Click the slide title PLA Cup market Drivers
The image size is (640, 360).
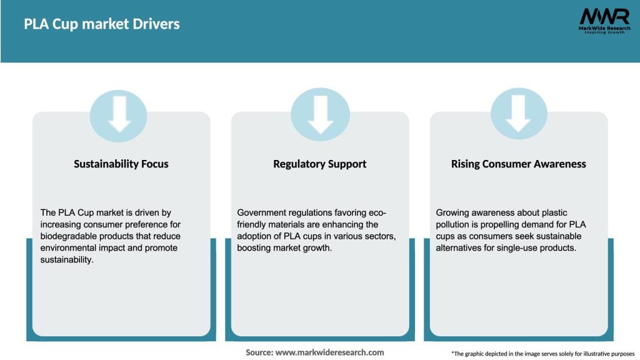101,24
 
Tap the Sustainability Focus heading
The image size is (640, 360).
121,164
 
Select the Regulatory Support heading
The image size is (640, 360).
319,164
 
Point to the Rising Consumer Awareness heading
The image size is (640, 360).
518,164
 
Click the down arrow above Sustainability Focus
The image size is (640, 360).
119,113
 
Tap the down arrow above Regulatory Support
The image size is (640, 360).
320,113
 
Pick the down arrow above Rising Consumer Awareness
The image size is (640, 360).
518,113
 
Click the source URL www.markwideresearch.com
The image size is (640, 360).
329,352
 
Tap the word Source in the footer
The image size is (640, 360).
259,352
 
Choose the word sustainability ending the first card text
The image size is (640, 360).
67,259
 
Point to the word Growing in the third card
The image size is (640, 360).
453,213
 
